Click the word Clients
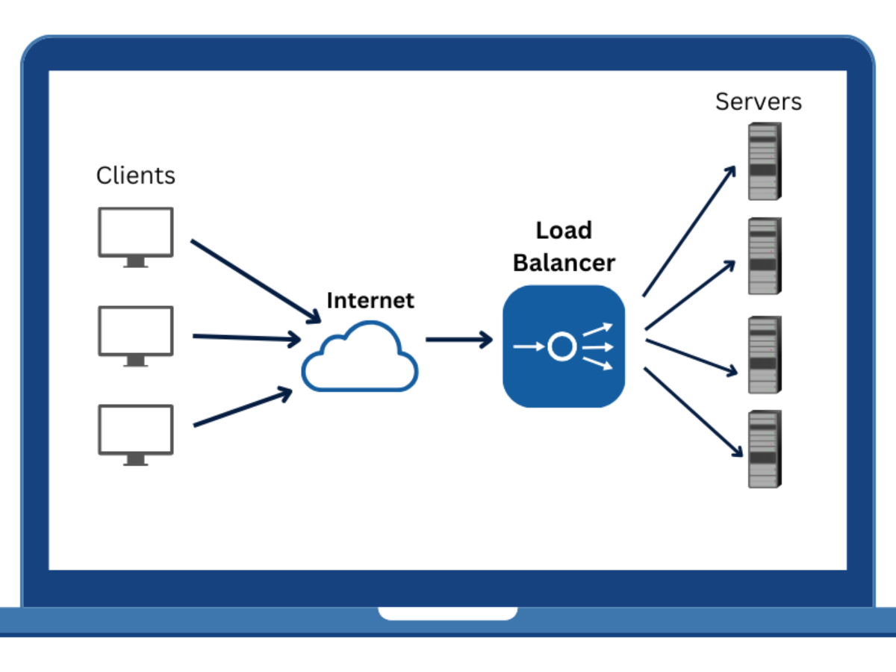coord(135,175)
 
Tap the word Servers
coord(758,102)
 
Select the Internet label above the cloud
coord(370,300)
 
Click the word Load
coord(564,231)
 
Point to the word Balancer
coord(564,263)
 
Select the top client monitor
coord(136,236)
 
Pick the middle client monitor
coord(136,335)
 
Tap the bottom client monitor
coord(136,433)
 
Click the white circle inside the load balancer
coord(561,346)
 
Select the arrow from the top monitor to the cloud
coord(254,280)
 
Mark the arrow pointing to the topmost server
coord(689,231)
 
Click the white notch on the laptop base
coord(448,614)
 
